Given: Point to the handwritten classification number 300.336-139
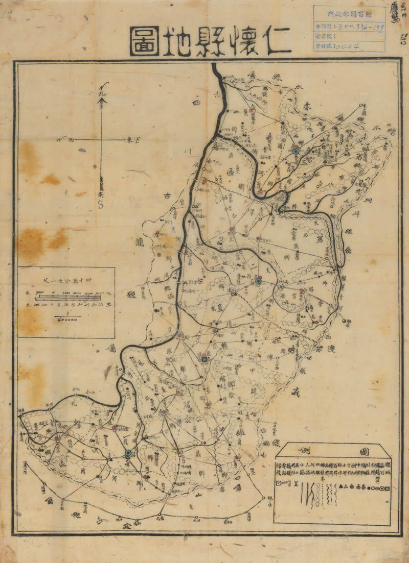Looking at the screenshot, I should pos(360,27).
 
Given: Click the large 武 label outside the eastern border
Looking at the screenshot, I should pos(294,392).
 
